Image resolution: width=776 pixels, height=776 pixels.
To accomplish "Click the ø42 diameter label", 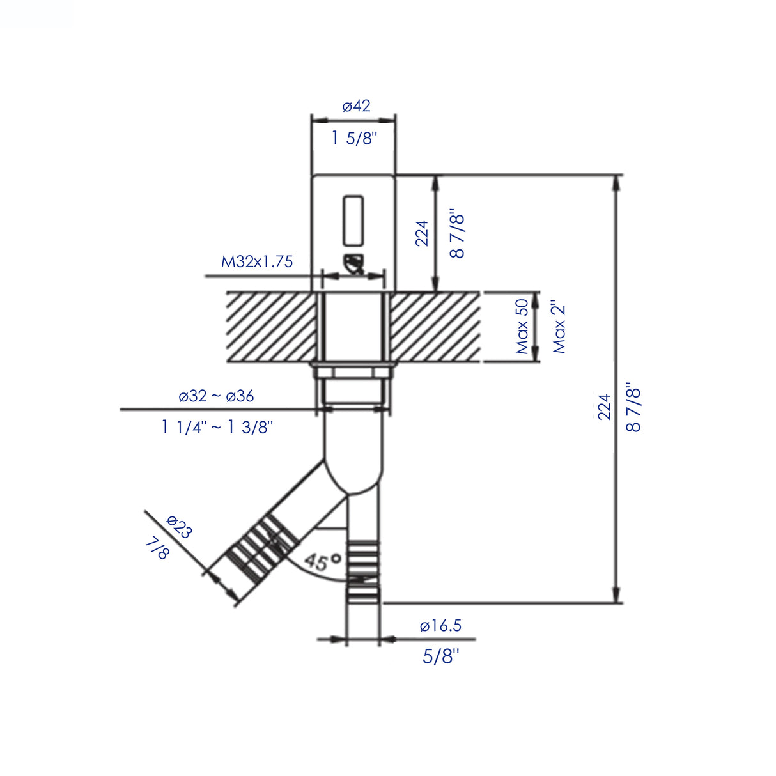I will pos(356,106).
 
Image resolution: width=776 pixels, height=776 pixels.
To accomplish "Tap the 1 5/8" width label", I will pos(355,137).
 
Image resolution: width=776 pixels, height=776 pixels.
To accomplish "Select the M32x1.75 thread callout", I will pos(257,261).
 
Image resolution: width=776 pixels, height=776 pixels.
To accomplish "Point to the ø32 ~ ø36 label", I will pos(216,396).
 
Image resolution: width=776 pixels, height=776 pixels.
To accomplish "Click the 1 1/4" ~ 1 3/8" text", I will pos(217,427).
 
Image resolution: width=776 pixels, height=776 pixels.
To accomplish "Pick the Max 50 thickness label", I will pos(522,327).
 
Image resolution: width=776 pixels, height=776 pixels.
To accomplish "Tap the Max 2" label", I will pos(559,327).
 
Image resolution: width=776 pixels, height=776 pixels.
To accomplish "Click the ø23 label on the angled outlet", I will pos(179,527).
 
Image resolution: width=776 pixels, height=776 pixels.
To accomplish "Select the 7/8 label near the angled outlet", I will pos(157,548).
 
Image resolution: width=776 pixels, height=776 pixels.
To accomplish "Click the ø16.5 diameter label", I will pos(440,626).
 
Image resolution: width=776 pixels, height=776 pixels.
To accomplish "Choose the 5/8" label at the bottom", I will pos(441,656).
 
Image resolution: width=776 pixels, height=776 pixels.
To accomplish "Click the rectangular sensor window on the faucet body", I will pos(353,221).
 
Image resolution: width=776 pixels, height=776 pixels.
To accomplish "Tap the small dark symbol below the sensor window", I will pos(353,263).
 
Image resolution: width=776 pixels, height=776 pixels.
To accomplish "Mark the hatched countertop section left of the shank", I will pos(271,327).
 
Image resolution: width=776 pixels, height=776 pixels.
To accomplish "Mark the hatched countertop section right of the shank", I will pos(435,327).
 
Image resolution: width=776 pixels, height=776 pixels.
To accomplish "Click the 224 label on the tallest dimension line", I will pos(604,407).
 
